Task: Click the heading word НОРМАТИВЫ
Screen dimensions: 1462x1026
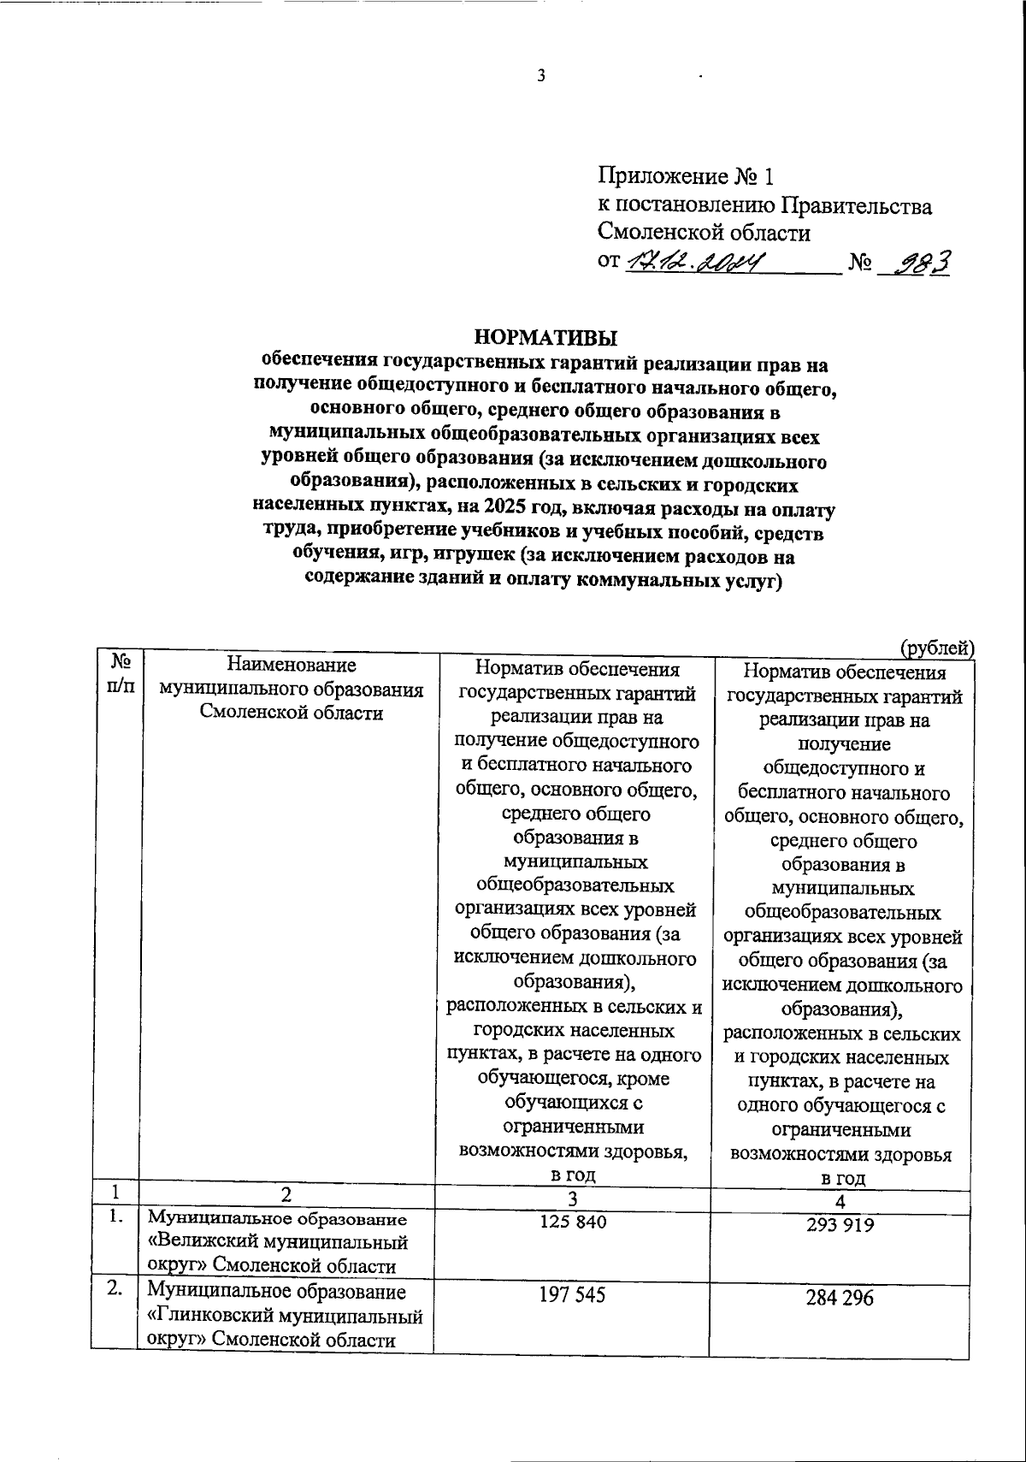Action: coord(545,337)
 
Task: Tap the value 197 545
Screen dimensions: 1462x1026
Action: coord(572,1295)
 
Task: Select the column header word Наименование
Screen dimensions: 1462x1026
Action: coord(290,665)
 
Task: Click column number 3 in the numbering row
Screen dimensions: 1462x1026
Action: coord(572,1197)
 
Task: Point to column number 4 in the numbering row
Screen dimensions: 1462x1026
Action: coord(840,1201)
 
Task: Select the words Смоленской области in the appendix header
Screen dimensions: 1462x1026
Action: coord(704,232)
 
